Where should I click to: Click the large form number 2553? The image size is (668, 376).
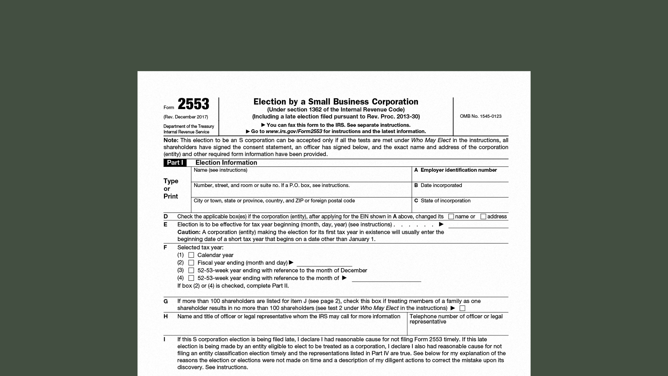pyautogui.click(x=193, y=104)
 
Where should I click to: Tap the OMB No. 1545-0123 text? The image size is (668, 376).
pyautogui.click(x=480, y=116)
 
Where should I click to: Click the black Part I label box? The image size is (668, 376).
pyautogui.click(x=175, y=163)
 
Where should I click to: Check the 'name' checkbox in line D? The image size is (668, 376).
pyautogui.click(x=451, y=217)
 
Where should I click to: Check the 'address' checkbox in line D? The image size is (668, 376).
pyautogui.click(x=483, y=217)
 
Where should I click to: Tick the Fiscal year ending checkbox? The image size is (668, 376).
pyautogui.click(x=191, y=263)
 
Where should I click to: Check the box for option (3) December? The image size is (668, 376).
pyautogui.click(x=191, y=270)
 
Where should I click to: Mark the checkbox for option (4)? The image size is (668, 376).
pyautogui.click(x=191, y=278)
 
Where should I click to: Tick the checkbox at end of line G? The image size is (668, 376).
pyautogui.click(x=462, y=308)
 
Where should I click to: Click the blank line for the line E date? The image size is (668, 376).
pyautogui.click(x=478, y=225)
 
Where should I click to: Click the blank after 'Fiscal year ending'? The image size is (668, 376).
pyautogui.click(x=324, y=264)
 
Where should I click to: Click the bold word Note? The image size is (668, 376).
pyautogui.click(x=171, y=140)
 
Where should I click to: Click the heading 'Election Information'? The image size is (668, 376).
pyautogui.click(x=226, y=163)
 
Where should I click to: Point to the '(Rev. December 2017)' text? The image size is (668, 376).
pyautogui.click(x=186, y=117)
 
